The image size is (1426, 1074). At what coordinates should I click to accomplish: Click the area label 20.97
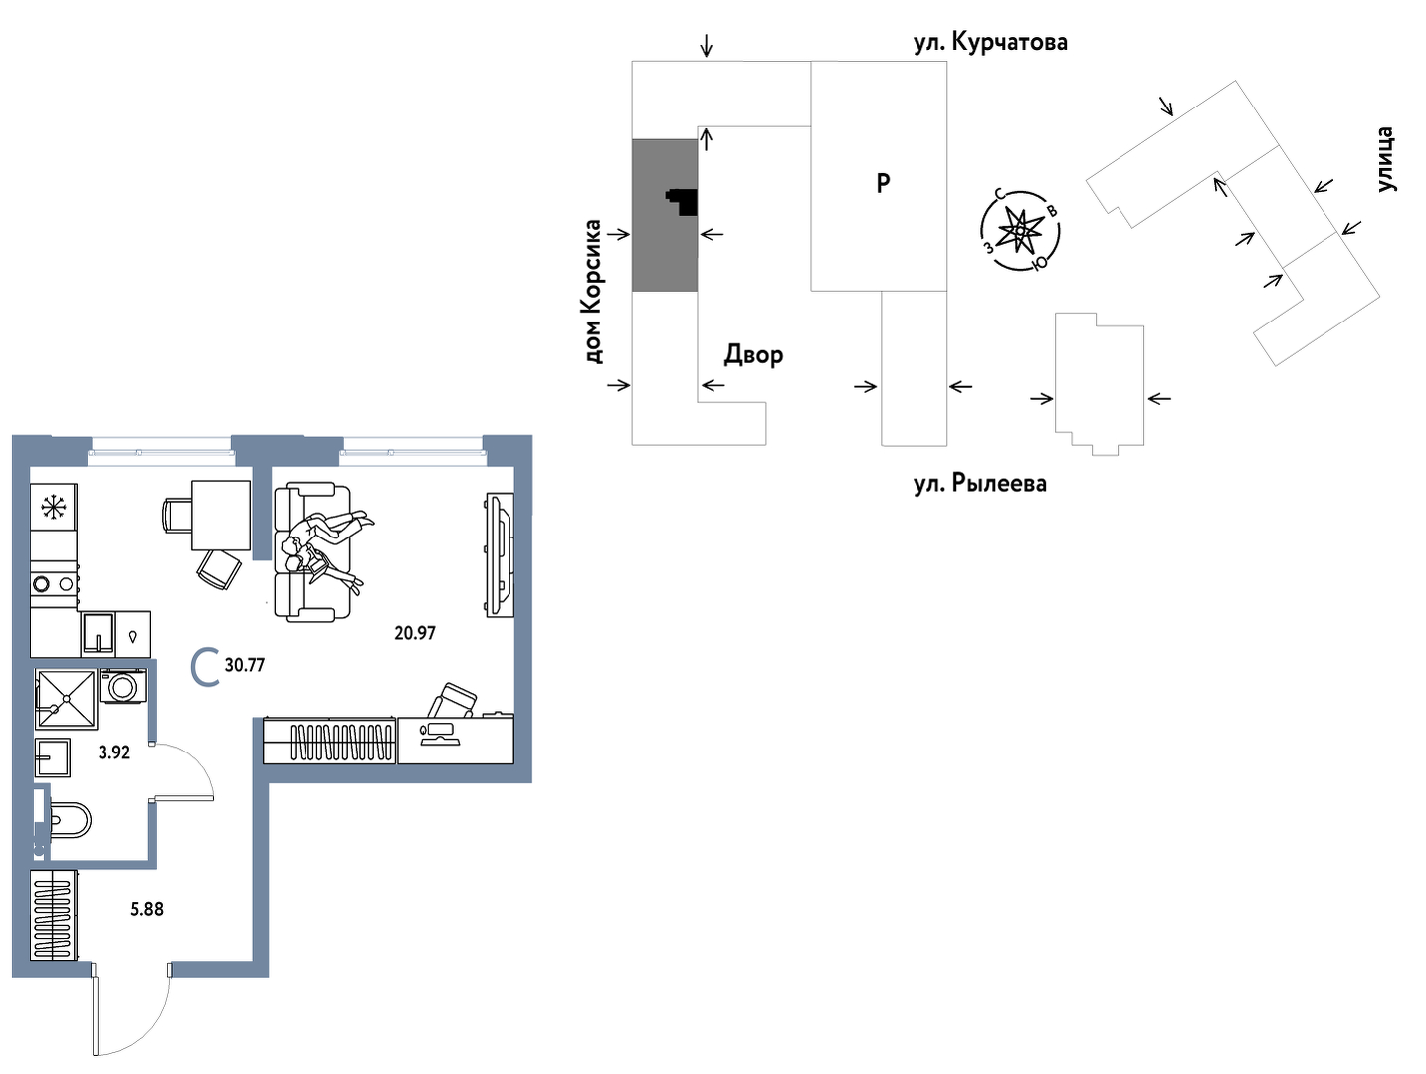coord(415,633)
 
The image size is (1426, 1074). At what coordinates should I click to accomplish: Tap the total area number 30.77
coord(245,665)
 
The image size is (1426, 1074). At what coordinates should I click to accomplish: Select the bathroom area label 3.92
coord(114,752)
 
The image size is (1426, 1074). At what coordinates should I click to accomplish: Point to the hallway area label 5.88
coord(147,909)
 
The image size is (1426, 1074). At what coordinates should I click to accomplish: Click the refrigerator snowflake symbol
coord(52,508)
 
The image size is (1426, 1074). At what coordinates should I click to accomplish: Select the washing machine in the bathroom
coord(123,686)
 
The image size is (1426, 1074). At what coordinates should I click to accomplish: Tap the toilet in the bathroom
coord(68,821)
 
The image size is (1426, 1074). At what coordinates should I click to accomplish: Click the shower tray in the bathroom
coord(66,698)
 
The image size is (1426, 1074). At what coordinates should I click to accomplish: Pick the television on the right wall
coord(500,554)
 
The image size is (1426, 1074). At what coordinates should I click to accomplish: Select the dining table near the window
coord(220,514)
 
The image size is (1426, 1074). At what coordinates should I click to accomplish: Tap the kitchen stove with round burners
coord(54,584)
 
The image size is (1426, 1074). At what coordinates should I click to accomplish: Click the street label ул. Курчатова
coord(990,42)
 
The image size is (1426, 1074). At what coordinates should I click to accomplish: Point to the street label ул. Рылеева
coord(980,484)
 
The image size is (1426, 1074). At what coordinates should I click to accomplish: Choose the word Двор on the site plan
coord(753,354)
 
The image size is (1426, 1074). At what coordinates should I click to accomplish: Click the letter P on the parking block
coord(883,183)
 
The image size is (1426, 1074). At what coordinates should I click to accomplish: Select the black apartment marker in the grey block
coord(683,202)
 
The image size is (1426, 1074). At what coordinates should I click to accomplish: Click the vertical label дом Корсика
coord(593,292)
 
